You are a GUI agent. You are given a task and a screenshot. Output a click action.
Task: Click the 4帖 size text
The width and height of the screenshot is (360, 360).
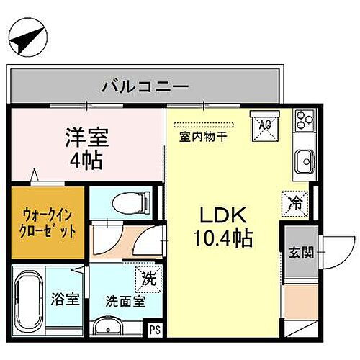point(86,159)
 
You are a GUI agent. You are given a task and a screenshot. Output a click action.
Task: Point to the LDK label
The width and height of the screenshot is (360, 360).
point(223,215)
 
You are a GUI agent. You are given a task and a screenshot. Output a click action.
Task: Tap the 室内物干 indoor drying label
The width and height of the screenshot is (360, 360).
point(204,135)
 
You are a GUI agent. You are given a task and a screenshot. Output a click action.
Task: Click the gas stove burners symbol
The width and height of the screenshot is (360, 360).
point(302,120)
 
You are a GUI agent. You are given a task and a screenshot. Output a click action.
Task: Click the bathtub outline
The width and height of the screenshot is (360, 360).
point(29,302)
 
